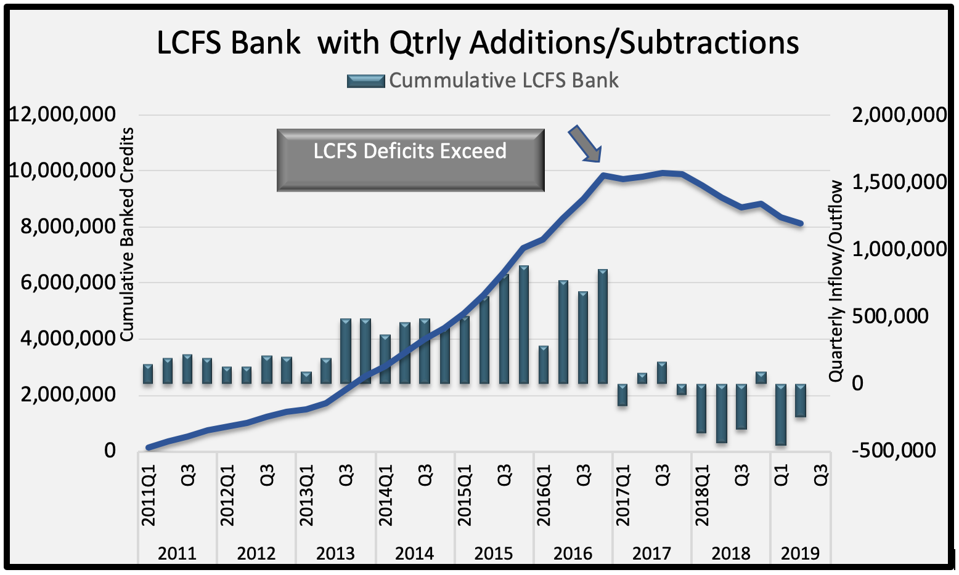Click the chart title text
(x=478, y=43)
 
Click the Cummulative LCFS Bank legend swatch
(x=366, y=81)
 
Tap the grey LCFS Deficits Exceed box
(x=410, y=159)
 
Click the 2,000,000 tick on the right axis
(x=899, y=115)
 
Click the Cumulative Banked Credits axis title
(x=126, y=234)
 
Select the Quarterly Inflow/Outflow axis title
(x=836, y=280)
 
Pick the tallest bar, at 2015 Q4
(x=524, y=324)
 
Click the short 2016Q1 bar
(x=544, y=364)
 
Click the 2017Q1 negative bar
(x=622, y=395)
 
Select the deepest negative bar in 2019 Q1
(x=781, y=414)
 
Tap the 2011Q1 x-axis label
(x=149, y=496)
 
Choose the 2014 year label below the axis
(x=414, y=553)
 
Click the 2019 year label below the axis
(x=800, y=553)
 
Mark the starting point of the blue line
(x=149, y=448)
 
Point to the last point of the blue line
(x=801, y=223)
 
